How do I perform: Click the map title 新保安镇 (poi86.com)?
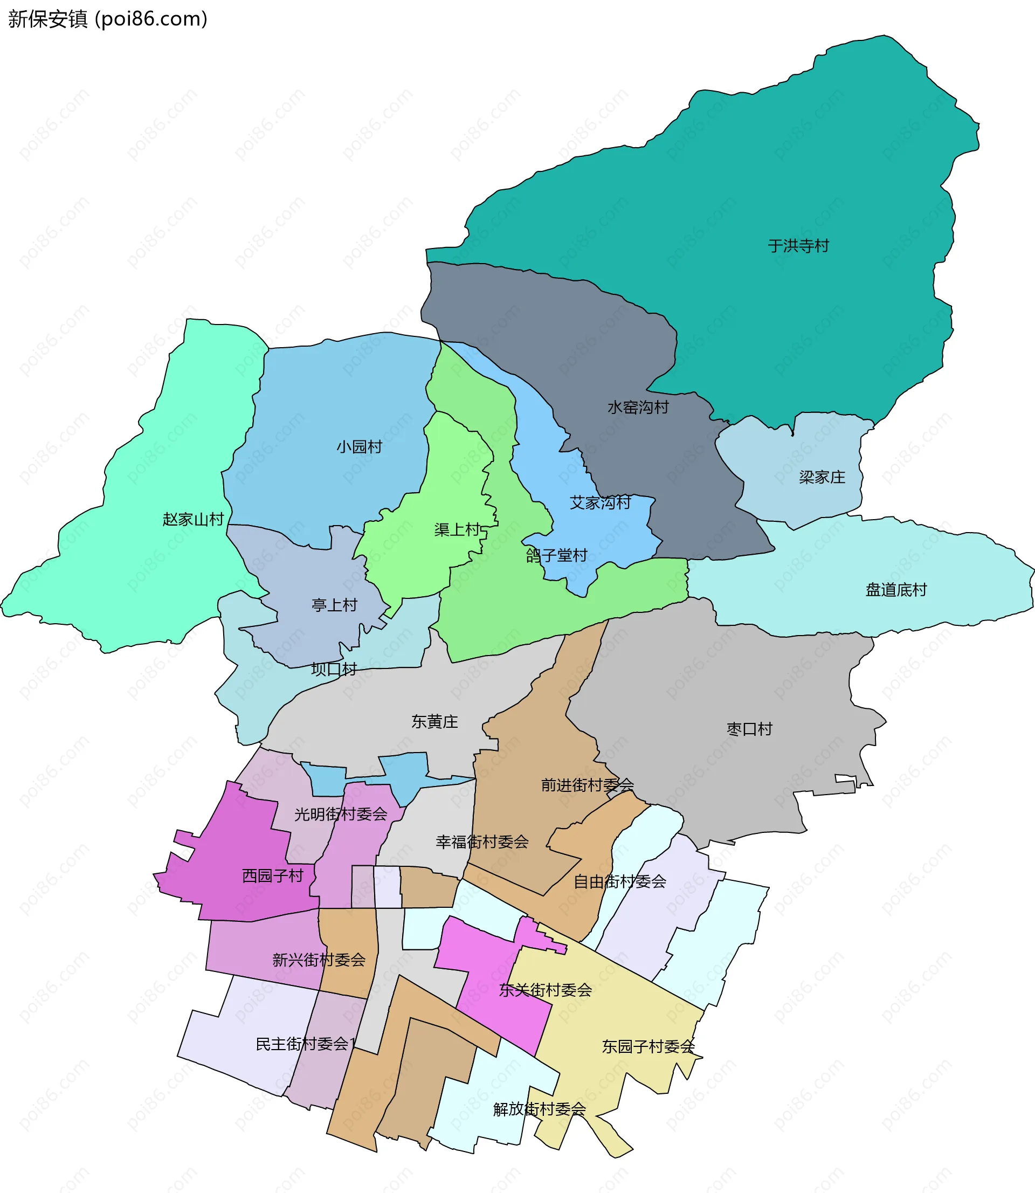coord(107,19)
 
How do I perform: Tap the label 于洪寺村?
coord(798,246)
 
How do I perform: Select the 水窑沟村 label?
coord(638,408)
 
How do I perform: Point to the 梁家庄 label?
coord(822,477)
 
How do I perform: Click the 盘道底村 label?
coord(896,590)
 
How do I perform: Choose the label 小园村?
coord(359,446)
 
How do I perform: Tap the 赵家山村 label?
coord(193,519)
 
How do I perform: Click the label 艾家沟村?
coord(600,502)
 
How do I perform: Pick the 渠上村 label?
coord(458,529)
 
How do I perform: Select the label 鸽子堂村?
coord(556,555)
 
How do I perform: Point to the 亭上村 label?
coord(334,605)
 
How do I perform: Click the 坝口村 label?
coord(334,669)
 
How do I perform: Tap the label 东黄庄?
coord(434,721)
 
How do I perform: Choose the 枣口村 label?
coord(749,729)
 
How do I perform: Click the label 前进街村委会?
coord(587,785)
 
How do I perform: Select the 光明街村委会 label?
coord(341,814)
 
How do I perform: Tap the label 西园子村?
coord(273,876)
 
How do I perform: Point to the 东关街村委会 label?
coord(545,990)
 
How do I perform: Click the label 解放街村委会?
coord(540,1109)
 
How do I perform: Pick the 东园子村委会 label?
coord(648,1046)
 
